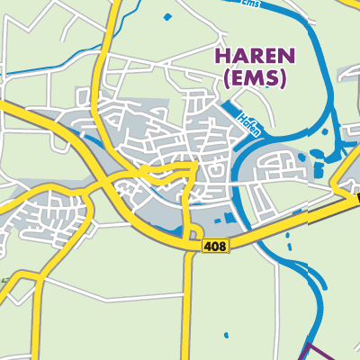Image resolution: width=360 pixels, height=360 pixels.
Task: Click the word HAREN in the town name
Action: (252, 56)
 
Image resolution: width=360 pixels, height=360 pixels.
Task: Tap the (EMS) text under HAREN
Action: (252, 78)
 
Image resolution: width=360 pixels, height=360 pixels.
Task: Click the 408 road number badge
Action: (216, 245)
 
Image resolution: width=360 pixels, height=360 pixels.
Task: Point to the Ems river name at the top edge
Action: (256, 4)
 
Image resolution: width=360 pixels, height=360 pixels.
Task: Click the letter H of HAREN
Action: (221, 56)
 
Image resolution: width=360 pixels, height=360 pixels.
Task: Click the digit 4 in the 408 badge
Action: (210, 245)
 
